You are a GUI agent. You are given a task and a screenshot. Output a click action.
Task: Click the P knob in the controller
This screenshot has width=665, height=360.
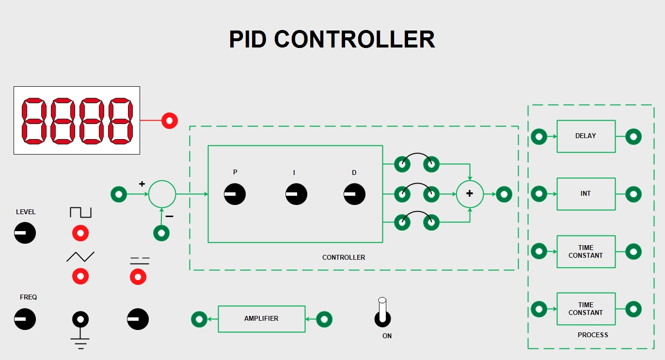pyautogui.click(x=235, y=194)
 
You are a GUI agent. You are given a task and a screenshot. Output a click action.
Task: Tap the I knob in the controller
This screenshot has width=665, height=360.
pyautogui.click(x=296, y=194)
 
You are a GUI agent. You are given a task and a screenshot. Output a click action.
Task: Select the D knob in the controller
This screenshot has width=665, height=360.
pyautogui.click(x=354, y=194)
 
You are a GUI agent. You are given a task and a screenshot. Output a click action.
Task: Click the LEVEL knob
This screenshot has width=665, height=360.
pyautogui.click(x=25, y=233)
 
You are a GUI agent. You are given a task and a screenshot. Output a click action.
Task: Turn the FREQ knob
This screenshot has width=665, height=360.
pyautogui.click(x=25, y=319)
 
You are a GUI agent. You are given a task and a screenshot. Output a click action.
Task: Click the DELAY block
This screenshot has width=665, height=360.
pyautogui.click(x=586, y=136)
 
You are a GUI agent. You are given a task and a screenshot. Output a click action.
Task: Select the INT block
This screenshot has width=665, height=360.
pyautogui.click(x=586, y=194)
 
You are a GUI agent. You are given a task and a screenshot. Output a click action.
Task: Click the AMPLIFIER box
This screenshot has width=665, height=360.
pyautogui.click(x=261, y=319)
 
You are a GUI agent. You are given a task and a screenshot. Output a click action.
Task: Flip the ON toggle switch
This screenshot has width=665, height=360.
pyautogui.click(x=382, y=313)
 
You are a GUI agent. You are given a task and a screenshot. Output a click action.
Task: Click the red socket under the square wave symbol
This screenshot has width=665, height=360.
pyautogui.click(x=80, y=234)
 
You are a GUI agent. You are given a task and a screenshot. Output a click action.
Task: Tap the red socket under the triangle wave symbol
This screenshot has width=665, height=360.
pyautogui.click(x=80, y=277)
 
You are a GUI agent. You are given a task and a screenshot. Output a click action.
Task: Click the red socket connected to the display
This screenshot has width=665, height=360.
pyautogui.click(x=170, y=120)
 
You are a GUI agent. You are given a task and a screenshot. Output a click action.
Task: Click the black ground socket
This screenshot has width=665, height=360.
pyautogui.click(x=80, y=319)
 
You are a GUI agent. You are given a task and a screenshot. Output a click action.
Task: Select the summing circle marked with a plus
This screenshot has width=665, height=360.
pyautogui.click(x=470, y=194)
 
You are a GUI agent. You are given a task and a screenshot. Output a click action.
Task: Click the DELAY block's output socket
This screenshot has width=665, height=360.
pyautogui.click(x=633, y=137)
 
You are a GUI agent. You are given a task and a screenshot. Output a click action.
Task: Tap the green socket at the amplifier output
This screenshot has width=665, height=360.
pyautogui.click(x=199, y=319)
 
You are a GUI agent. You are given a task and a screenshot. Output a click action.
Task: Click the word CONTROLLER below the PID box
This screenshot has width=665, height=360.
pyautogui.click(x=344, y=257)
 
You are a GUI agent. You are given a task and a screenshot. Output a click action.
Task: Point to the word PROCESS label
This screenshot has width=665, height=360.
pyautogui.click(x=593, y=335)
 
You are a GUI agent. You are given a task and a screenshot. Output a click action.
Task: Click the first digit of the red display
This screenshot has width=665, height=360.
pyautogui.click(x=34, y=121)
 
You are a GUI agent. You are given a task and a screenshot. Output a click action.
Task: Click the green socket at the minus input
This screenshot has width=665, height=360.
pyautogui.click(x=161, y=233)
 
